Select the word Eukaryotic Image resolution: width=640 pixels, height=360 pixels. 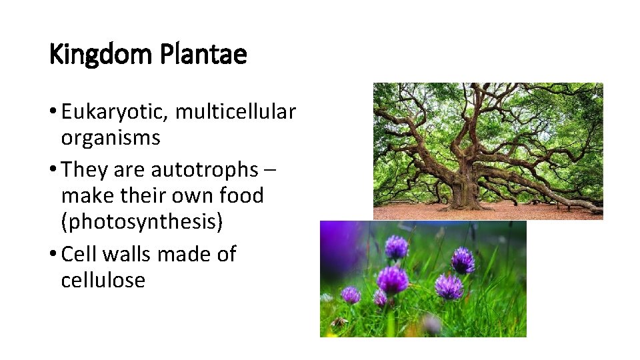coord(115,113)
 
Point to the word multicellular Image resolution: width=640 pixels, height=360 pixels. coord(235,112)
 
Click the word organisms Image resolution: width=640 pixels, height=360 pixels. coord(111,138)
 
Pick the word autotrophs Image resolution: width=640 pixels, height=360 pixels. coord(204,170)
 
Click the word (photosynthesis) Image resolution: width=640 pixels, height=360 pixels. coord(141,221)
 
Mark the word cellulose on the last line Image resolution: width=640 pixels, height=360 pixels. coord(103,280)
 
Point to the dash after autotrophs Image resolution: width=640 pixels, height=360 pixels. coord(270,171)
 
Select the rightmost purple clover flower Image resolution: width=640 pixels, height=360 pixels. coord(462,260)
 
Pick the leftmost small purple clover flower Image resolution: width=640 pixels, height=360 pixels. coord(350,294)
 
